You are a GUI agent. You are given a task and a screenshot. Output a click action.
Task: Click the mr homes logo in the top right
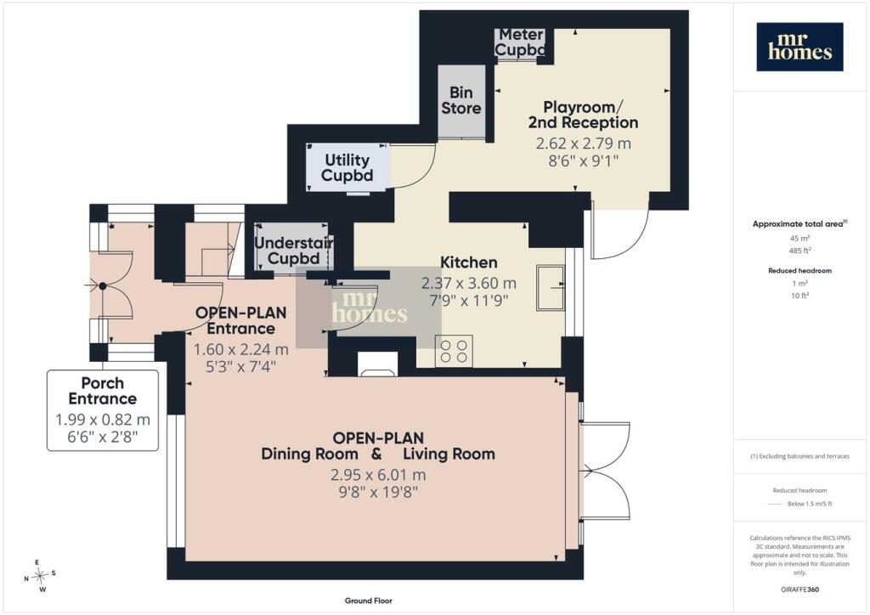tap(799, 47)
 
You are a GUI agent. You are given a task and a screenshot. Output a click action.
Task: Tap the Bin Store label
tap(461, 100)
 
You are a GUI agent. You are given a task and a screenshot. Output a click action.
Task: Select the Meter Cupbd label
tap(520, 42)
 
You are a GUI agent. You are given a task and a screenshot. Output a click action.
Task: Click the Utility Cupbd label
tap(347, 167)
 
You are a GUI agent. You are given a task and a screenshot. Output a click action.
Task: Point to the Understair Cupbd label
tap(293, 250)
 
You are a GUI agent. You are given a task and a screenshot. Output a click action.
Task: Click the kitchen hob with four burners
tap(454, 351)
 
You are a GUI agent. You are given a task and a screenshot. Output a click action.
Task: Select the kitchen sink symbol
tap(551, 287)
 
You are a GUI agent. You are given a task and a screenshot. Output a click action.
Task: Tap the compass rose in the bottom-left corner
tap(40, 576)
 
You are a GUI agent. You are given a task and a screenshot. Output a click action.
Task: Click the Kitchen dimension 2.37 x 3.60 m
tap(469, 284)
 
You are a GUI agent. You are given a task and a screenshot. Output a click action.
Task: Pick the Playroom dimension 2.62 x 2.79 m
tap(583, 144)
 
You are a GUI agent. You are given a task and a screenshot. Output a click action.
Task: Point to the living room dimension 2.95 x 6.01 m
tap(378, 475)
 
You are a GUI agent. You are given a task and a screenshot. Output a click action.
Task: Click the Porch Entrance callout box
tap(103, 410)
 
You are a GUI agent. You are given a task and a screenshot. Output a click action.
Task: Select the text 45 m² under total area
tap(799, 238)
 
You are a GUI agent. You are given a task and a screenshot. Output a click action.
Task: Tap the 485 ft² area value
tap(799, 251)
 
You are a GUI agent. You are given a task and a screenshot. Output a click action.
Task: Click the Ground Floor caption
tap(369, 601)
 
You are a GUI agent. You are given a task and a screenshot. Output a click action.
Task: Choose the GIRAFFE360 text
tap(799, 590)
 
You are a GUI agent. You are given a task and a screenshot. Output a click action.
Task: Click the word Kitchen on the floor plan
tap(468, 262)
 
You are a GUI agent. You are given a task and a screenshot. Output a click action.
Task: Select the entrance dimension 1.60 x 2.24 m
tap(240, 350)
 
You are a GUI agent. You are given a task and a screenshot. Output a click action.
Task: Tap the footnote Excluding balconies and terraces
tap(799, 456)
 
